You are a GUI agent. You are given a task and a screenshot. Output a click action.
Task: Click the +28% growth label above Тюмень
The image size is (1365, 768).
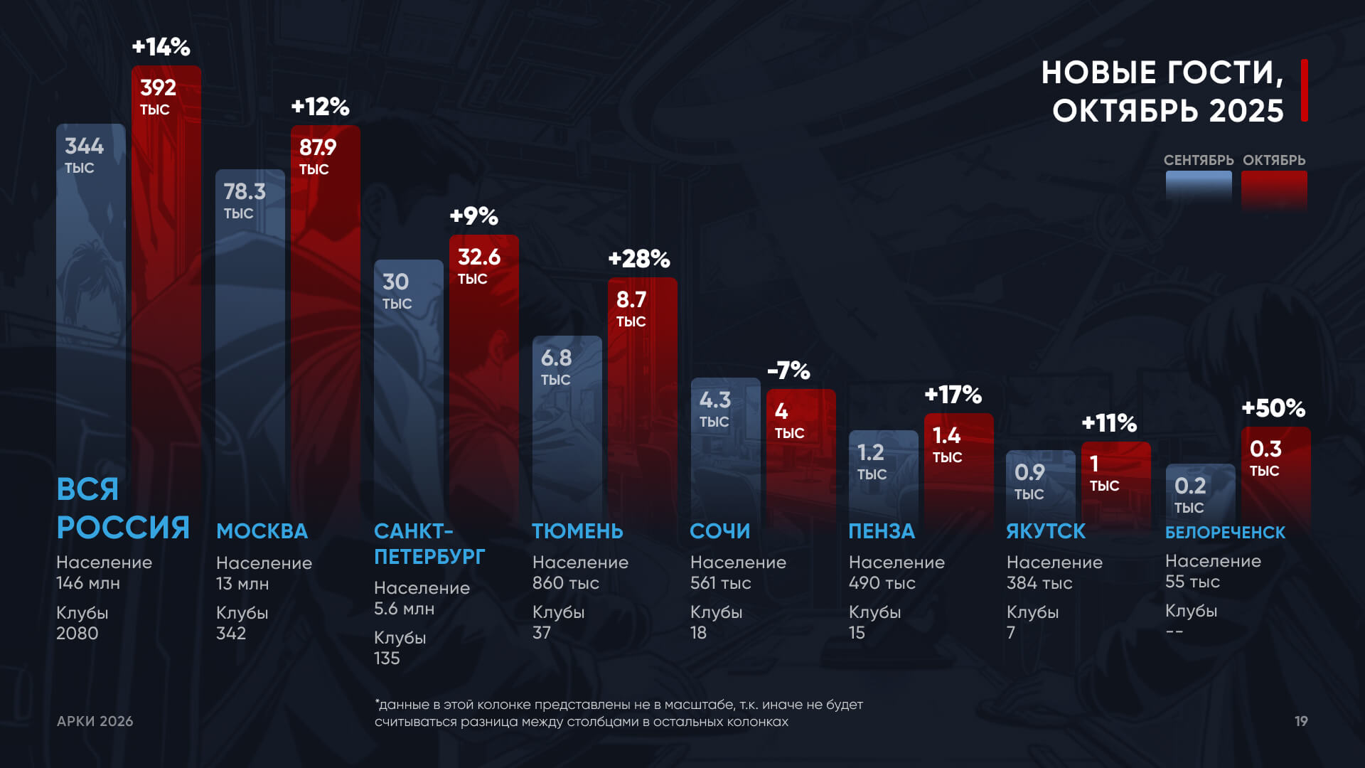pos(638,259)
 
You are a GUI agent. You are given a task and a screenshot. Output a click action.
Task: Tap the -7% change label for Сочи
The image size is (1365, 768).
pos(788,370)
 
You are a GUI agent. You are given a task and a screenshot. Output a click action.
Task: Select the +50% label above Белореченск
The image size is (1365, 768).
pos(1273,408)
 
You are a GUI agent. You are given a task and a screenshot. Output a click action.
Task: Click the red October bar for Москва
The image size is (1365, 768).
pos(325,320)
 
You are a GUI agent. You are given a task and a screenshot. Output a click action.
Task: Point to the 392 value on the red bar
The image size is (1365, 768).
pos(158,88)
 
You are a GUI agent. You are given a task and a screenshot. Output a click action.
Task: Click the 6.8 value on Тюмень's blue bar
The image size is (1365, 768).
pos(556,358)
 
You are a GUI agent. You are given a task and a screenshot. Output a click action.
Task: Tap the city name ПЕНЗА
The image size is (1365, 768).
pos(882,531)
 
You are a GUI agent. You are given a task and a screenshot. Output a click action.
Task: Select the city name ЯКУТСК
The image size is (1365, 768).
pos(1046,531)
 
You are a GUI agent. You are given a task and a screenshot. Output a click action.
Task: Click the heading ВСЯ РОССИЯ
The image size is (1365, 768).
pos(122,508)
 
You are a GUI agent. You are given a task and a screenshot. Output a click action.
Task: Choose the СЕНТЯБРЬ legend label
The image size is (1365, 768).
pos(1198,160)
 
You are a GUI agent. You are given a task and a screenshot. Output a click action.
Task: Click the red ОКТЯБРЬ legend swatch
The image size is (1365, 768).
pos(1274,188)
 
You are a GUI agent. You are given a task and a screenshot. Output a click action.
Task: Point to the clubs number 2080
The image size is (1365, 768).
pos(77,633)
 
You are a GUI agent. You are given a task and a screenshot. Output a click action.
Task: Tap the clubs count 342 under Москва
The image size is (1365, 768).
pos(231,633)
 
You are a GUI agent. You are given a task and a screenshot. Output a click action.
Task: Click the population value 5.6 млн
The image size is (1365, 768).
pos(404,609)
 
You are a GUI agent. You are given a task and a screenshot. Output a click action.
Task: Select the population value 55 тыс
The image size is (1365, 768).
pos(1192,582)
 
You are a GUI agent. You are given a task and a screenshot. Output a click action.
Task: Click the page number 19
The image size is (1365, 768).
pos(1301,721)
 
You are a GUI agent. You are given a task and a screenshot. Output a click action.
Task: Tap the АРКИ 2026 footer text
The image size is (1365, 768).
pos(95,721)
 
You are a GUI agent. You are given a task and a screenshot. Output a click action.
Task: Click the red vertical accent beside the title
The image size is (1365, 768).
pos(1305,90)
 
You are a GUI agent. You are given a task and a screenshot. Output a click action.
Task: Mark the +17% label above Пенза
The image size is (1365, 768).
pos(953,395)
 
